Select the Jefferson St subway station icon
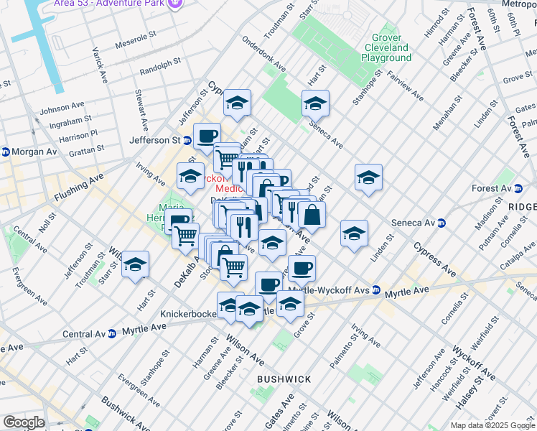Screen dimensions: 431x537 pyautogui.click(x=187, y=141)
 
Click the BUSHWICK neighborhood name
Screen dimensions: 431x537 pyautogui.click(x=285, y=379)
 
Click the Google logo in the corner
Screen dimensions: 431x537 pyautogui.click(x=23, y=422)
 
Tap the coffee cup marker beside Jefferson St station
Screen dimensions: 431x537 pyautogui.click(x=207, y=134)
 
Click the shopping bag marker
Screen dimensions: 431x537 pyautogui.click(x=312, y=214)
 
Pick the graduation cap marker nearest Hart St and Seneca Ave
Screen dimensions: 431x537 pyautogui.click(x=315, y=103)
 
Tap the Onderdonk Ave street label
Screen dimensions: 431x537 pyautogui.click(x=263, y=55)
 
